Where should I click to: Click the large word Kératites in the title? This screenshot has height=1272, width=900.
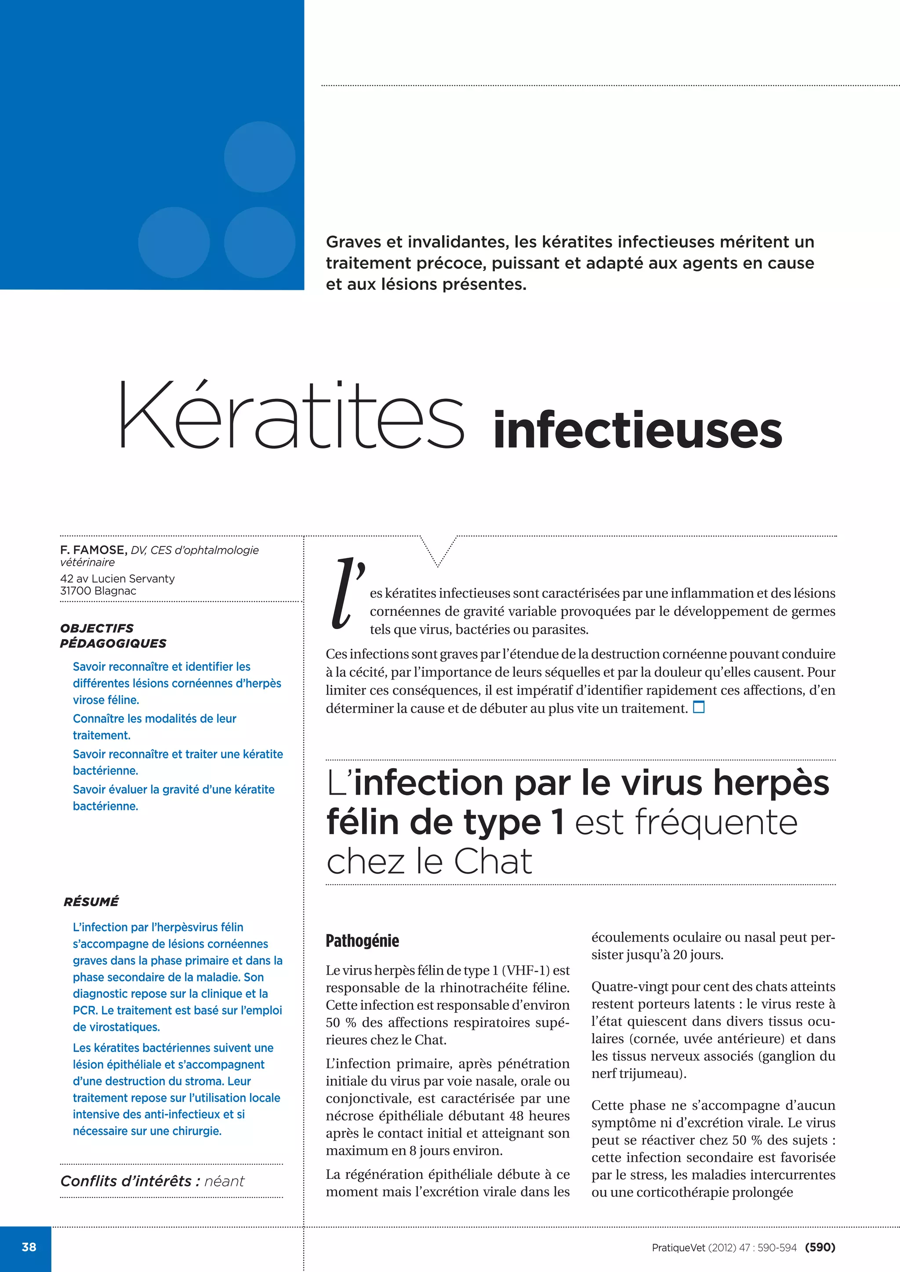[291, 416]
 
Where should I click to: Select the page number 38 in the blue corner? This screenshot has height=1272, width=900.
[29, 1247]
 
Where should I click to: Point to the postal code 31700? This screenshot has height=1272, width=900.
[76, 591]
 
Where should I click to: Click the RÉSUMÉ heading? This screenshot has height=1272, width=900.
[91, 902]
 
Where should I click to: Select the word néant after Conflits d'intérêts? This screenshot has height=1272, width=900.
[224, 1181]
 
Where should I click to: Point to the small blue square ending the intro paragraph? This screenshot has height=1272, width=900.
[699, 707]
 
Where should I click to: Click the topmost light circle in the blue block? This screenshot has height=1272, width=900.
[259, 157]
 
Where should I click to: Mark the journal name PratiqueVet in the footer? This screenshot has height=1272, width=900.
[679, 1248]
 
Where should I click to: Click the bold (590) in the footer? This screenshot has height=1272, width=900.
[820, 1247]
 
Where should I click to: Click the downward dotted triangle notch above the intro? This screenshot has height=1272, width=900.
[438, 552]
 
